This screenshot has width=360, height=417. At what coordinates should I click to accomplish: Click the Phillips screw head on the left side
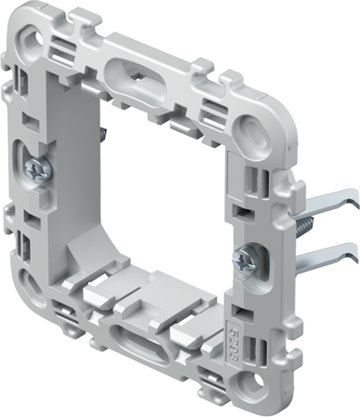tap(37, 170)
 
